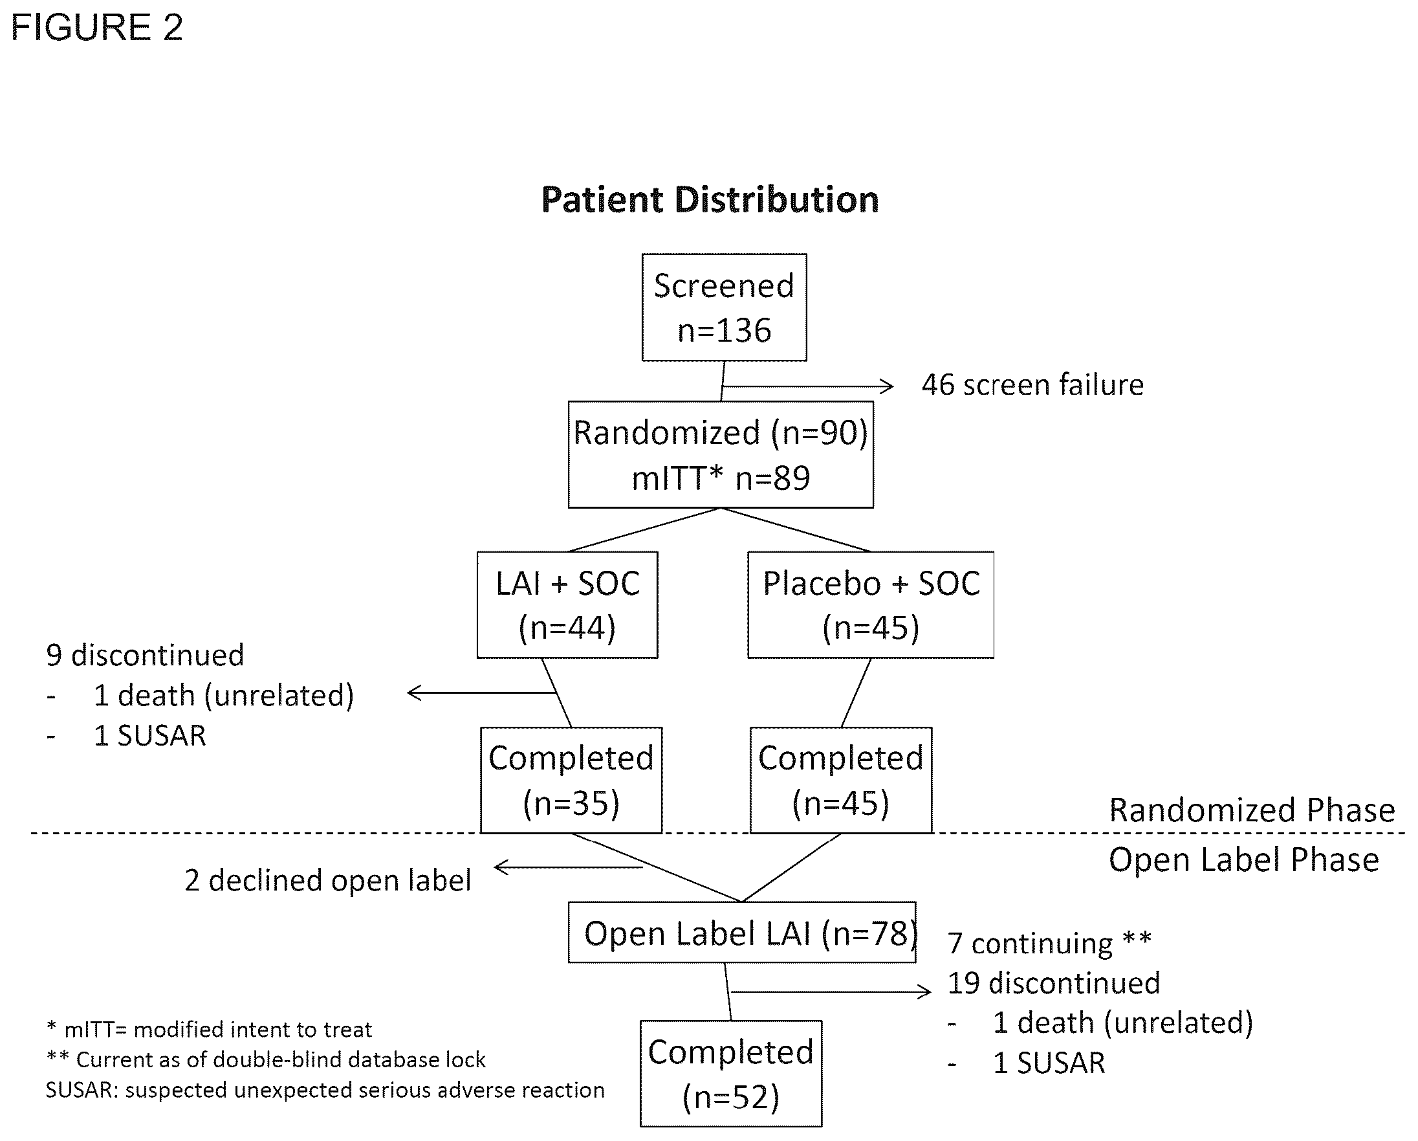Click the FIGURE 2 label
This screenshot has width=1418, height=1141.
pos(96,28)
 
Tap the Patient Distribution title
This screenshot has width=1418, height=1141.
pos(710,200)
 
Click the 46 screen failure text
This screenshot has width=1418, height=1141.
pos(1032,385)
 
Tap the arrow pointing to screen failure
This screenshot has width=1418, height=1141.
pos(808,386)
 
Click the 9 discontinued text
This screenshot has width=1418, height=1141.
pos(146,656)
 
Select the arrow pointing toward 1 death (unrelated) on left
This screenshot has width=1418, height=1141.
pos(482,692)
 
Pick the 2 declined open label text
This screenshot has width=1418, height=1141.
pos(327,880)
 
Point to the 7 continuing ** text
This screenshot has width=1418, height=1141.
pos(1049,943)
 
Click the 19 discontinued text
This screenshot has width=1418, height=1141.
pos(1054,983)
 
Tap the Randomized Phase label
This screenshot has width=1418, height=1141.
pos(1252,810)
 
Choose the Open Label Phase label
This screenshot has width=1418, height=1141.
pos(1244,860)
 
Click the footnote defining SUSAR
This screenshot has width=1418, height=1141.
pos(325,1090)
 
